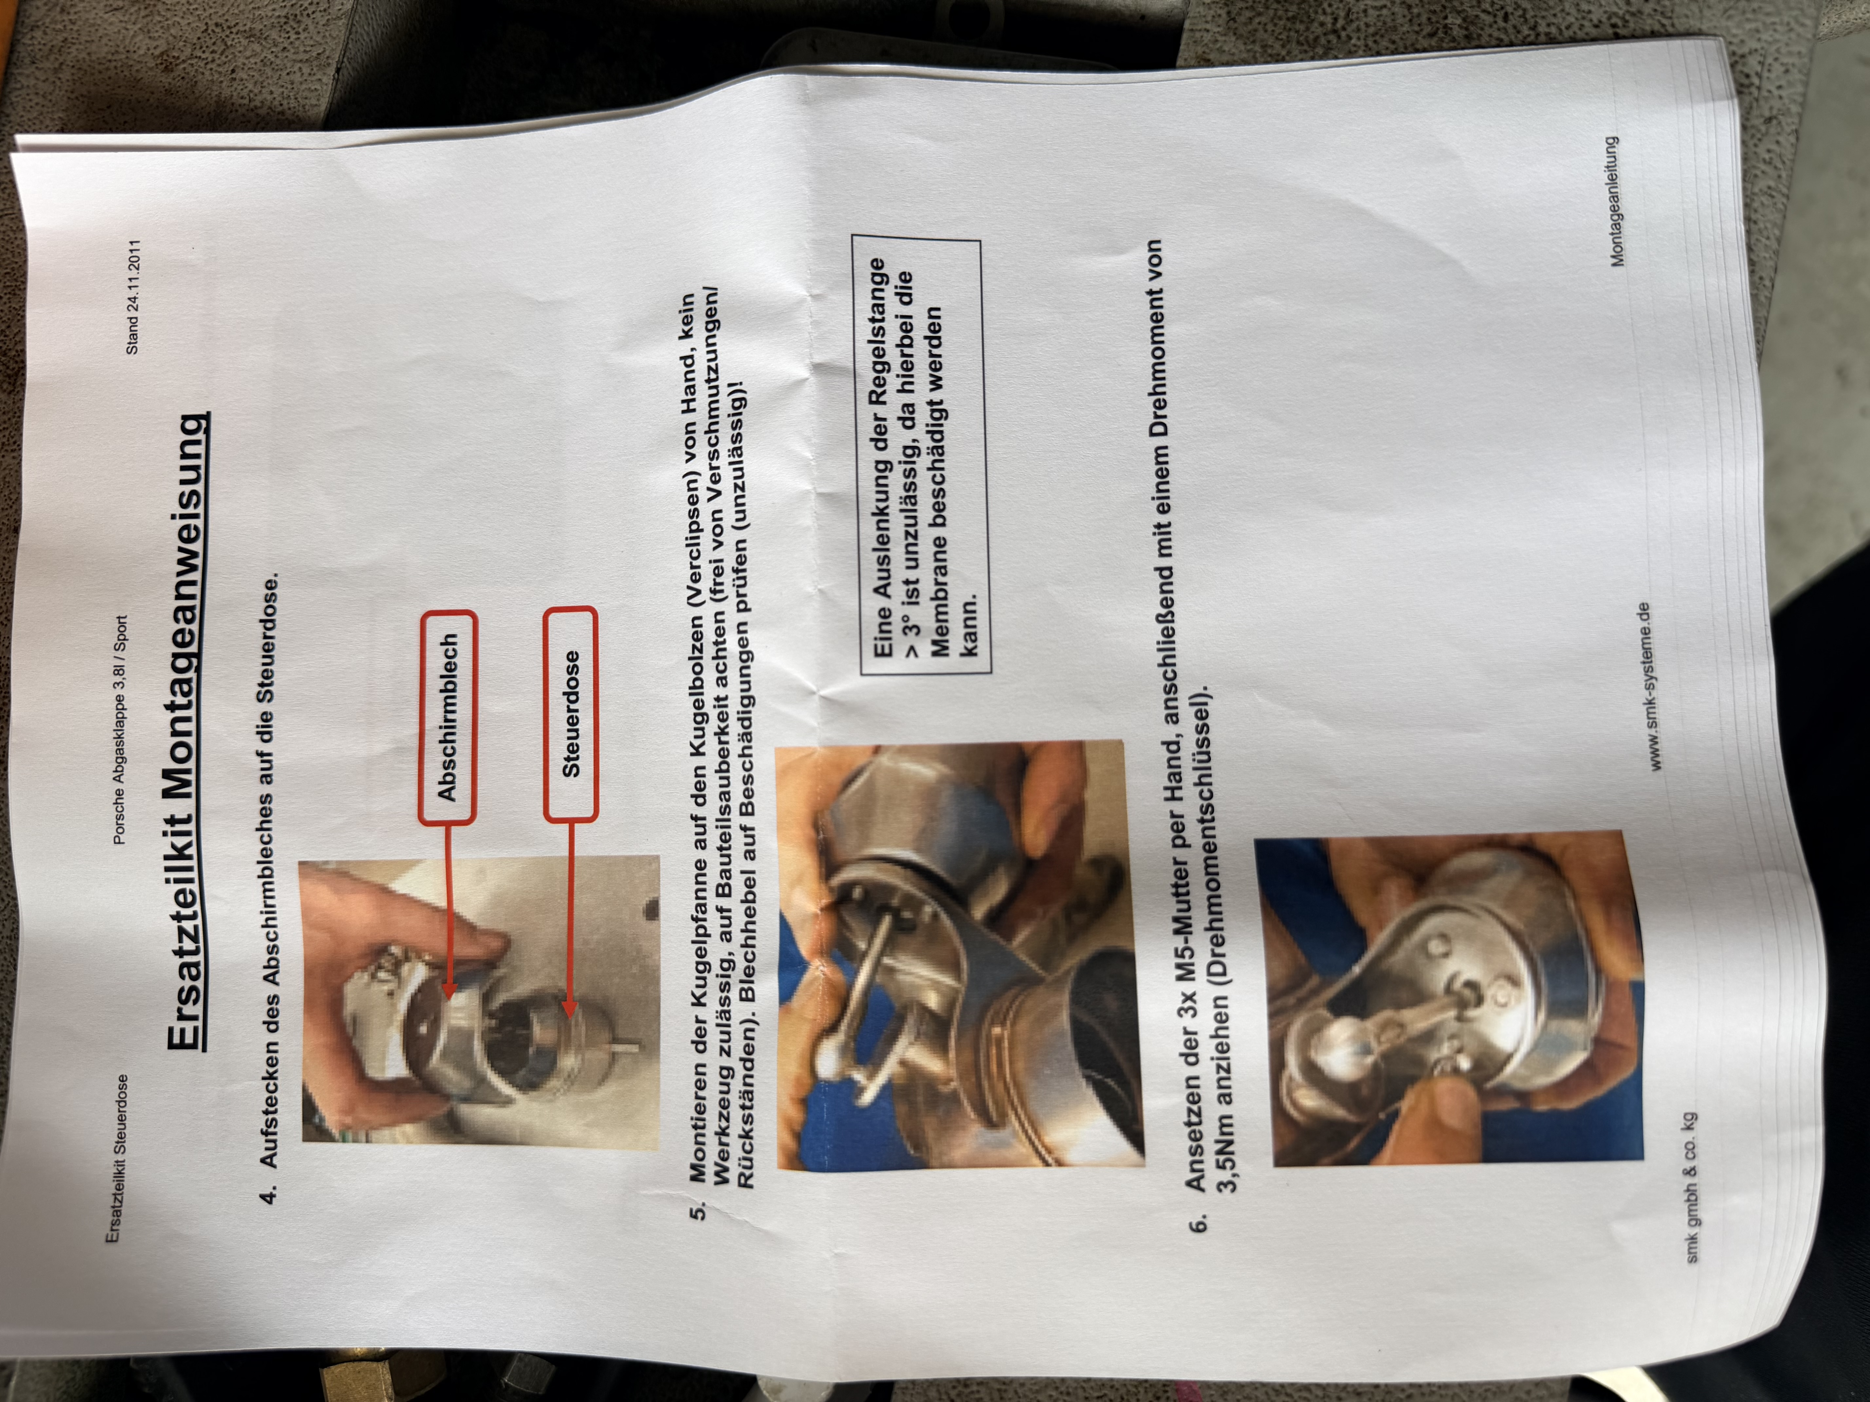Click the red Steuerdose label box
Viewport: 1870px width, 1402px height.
pyautogui.click(x=571, y=714)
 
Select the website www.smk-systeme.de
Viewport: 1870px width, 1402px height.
pyautogui.click(x=1648, y=686)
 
